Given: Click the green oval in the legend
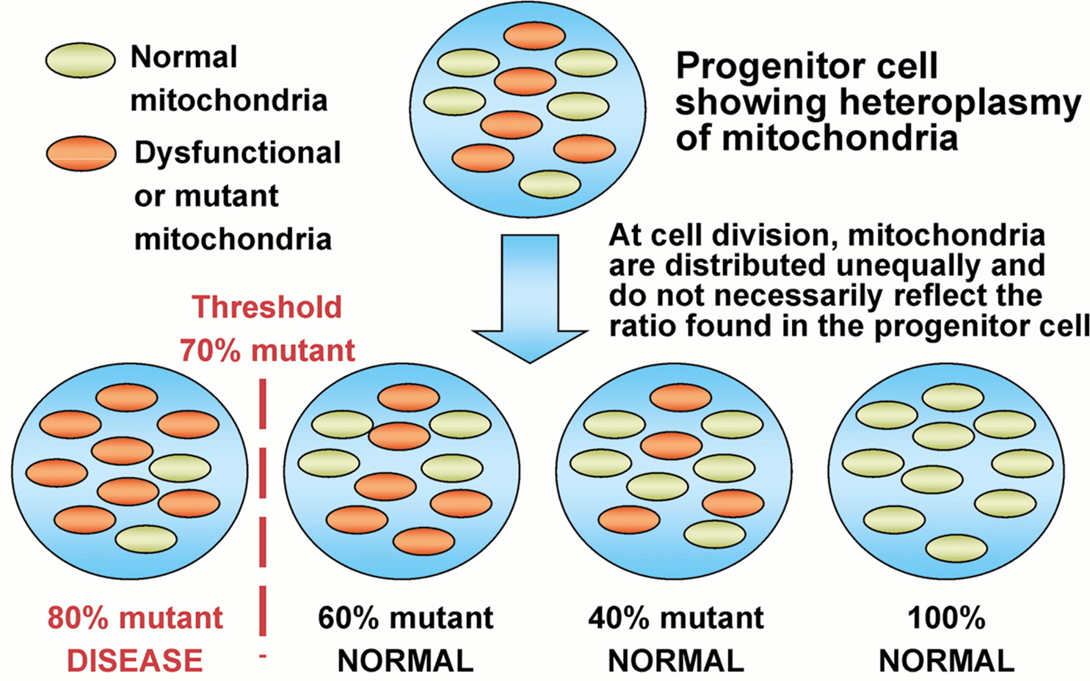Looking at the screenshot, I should [x=80, y=60].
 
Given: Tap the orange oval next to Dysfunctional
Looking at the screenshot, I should [x=81, y=154].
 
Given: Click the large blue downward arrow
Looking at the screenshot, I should [x=530, y=294].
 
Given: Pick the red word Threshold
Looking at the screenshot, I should [x=267, y=307].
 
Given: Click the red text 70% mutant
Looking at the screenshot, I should [x=267, y=350].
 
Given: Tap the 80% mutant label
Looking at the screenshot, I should [x=135, y=618].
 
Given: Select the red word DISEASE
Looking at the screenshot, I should [x=135, y=660].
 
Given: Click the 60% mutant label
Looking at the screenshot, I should [x=406, y=618].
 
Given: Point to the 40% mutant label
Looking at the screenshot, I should [x=676, y=618].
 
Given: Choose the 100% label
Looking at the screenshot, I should [x=946, y=618].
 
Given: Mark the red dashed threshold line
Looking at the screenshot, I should [x=263, y=506].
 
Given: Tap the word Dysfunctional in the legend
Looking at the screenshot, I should [x=238, y=153].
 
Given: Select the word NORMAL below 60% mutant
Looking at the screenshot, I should [x=406, y=661].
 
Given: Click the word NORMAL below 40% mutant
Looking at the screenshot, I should [x=676, y=661].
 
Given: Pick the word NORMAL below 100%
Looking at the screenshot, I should [x=946, y=661].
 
